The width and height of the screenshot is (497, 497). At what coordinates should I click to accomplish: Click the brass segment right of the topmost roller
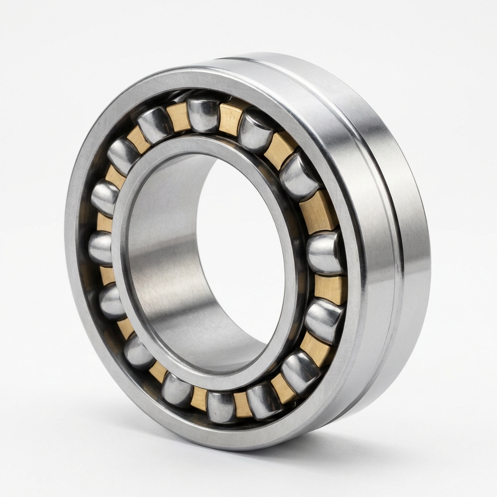pos(230,119)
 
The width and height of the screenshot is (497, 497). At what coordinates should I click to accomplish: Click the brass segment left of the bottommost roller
pos(199,398)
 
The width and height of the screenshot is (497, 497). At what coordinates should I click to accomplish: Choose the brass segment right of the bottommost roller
pos(243,404)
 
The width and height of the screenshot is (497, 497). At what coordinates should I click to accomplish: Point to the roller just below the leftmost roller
pos(111,301)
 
